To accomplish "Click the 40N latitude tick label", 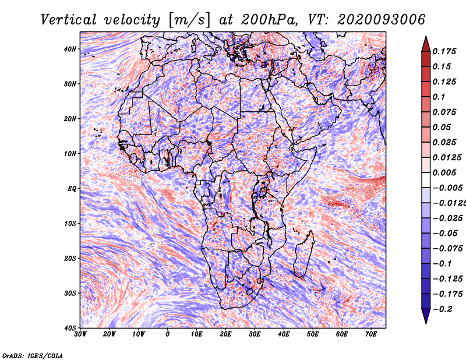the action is (x=70, y=49).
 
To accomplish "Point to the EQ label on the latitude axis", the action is (x=72, y=189).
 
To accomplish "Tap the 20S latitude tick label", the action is (x=70, y=258).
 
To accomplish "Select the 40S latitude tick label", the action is (x=70, y=328).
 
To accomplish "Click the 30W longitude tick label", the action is (x=80, y=334).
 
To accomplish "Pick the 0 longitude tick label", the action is (x=168, y=334).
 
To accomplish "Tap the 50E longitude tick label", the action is (x=313, y=334).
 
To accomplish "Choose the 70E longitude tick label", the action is (x=371, y=334).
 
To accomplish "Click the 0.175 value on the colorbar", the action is (x=444, y=51).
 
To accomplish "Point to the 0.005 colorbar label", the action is (x=444, y=172).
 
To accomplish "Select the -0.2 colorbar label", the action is (x=443, y=309).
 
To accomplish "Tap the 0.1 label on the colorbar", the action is (x=439, y=97).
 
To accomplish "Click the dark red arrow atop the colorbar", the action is (x=426, y=44).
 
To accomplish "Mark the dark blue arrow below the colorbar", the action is (x=426, y=316).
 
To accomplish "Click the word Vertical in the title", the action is (x=69, y=20).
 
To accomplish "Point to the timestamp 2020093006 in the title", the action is (x=382, y=20).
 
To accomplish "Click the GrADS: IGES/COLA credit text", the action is (x=33, y=355).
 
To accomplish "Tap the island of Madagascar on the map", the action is (x=304, y=254).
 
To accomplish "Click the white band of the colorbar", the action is (x=426, y=180).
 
